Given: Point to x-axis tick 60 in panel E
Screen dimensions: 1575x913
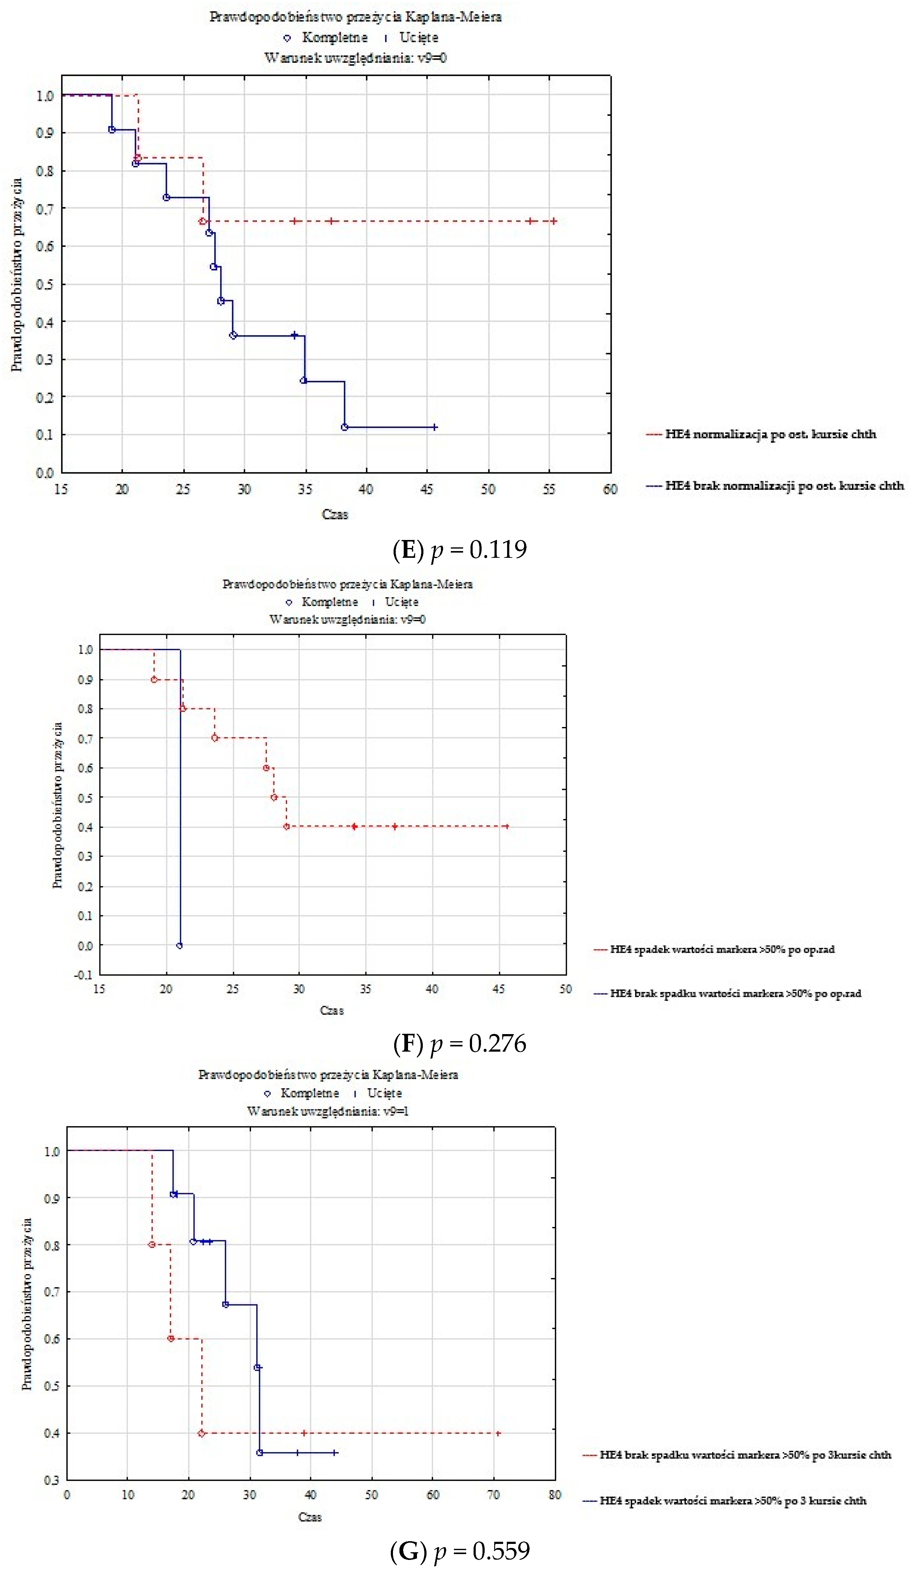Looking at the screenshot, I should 610,490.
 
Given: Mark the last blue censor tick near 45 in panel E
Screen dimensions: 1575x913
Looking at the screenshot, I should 435,427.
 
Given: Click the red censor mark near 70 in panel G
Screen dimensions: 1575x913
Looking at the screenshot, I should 498,1433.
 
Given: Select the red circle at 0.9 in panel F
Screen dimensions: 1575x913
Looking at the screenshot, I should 154,679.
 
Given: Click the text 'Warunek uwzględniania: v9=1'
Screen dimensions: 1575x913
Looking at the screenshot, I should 327,1111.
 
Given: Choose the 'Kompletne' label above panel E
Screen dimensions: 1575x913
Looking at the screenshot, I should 334,38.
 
